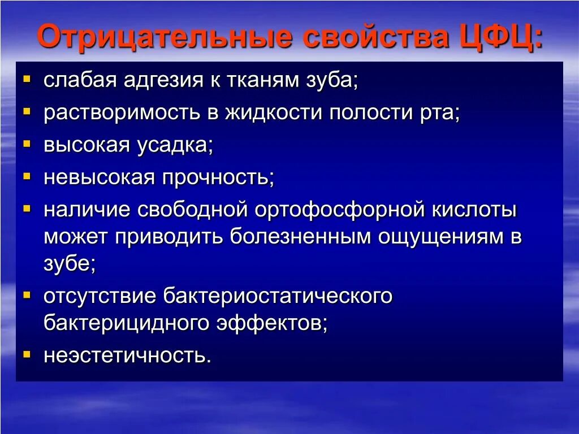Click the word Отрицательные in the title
(x=165, y=38)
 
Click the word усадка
(x=174, y=145)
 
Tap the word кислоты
(x=474, y=210)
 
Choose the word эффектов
(x=271, y=323)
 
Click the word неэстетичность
(x=127, y=355)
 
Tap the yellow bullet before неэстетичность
(x=27, y=354)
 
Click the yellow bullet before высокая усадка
(x=27, y=144)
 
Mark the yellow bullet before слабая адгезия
(x=27, y=79)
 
